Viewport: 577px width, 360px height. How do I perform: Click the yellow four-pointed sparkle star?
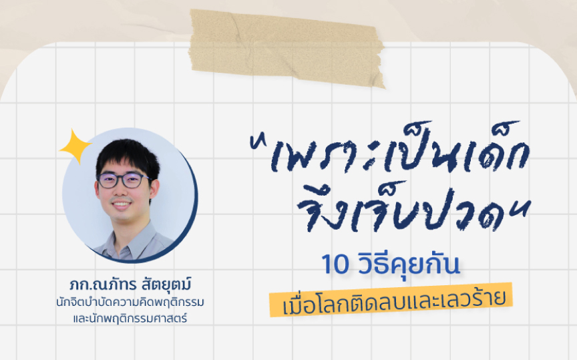75,146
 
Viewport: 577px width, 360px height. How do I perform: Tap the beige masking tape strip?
287,48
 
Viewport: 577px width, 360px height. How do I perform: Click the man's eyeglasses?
124,180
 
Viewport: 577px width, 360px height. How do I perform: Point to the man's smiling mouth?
122,204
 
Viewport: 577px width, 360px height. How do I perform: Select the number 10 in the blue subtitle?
335,264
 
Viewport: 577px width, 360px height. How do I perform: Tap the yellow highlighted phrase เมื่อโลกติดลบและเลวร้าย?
391,300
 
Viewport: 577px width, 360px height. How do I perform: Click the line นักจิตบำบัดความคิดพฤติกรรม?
130,303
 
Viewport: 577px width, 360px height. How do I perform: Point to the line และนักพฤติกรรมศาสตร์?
130,318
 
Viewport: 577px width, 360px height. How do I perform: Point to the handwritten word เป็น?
416,151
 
